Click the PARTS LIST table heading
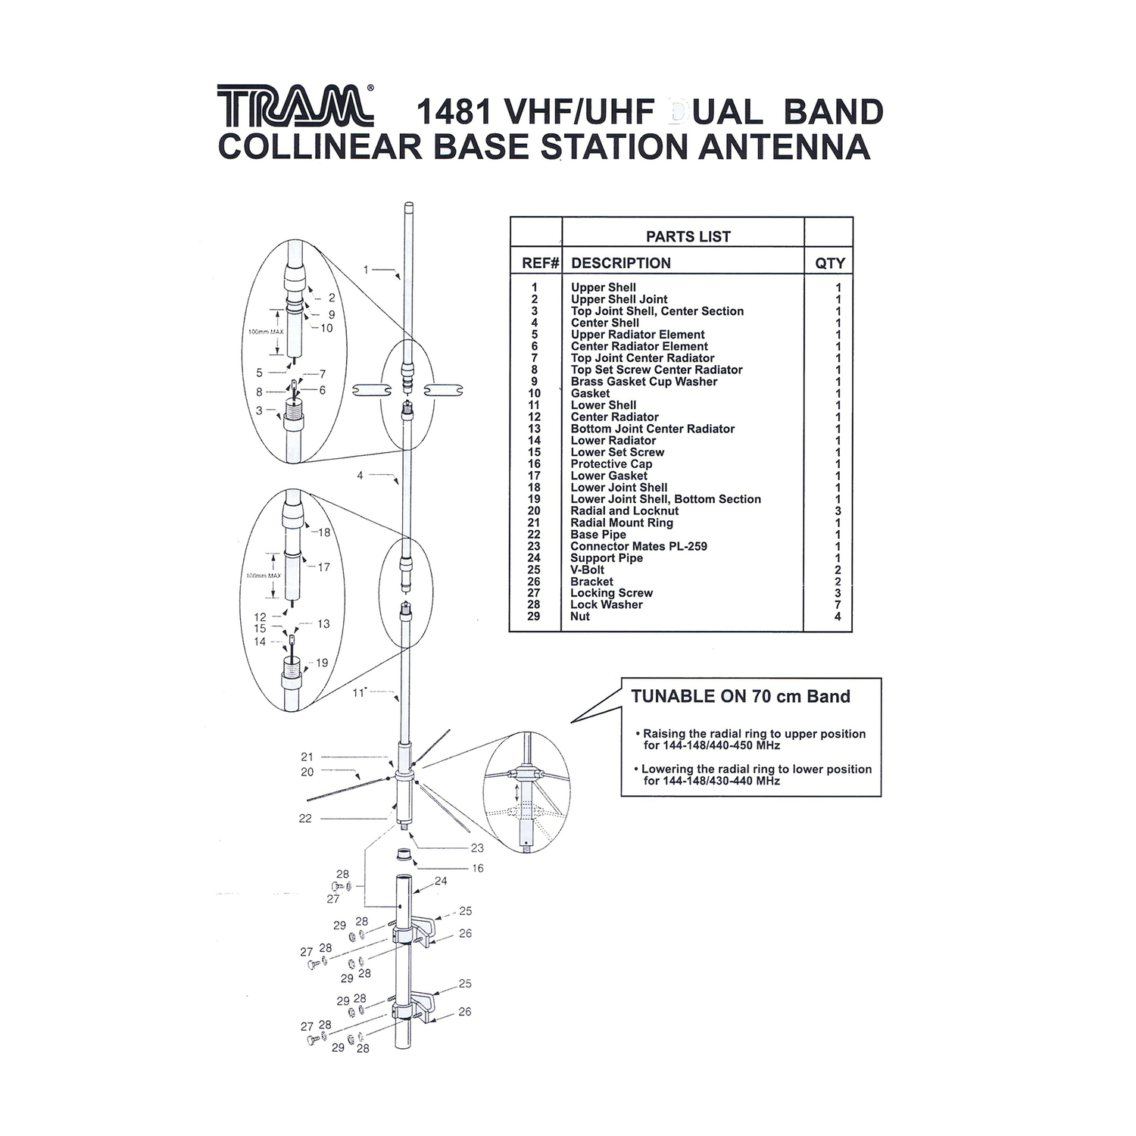tap(688, 236)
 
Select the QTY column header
tap(829, 263)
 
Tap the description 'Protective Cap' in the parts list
tap(611, 463)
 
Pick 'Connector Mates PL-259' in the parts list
tap(638, 546)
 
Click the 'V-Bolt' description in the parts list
tap(588, 570)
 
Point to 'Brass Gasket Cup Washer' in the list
tap(644, 382)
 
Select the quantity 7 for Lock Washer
tap(838, 605)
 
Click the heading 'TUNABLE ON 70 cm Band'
tap(741, 697)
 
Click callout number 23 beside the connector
tap(477, 848)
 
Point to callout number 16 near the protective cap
tap(477, 868)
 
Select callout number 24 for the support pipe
tap(441, 881)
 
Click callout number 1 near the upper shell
tap(366, 270)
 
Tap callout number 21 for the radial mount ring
tap(307, 757)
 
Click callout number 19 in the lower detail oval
tap(322, 663)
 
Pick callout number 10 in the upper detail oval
tap(326, 328)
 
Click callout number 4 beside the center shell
tap(360, 476)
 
